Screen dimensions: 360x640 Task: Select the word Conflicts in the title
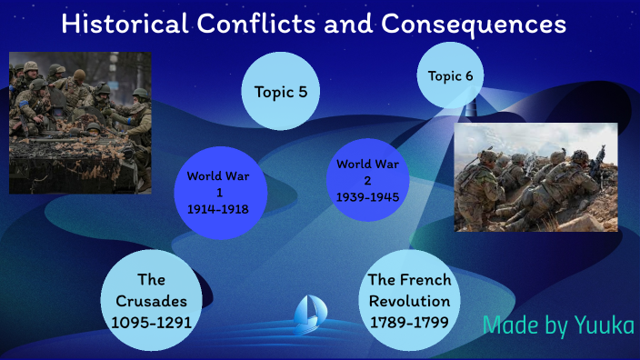(x=263, y=24)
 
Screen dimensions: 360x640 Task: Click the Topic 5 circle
(x=280, y=91)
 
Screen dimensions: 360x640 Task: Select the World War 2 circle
(x=368, y=179)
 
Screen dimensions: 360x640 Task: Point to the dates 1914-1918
(x=218, y=209)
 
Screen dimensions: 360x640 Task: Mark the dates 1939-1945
(x=368, y=196)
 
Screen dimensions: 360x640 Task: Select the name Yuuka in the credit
(x=605, y=325)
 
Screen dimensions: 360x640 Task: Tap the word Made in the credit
(x=508, y=325)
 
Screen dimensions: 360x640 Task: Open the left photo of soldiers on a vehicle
(x=79, y=122)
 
